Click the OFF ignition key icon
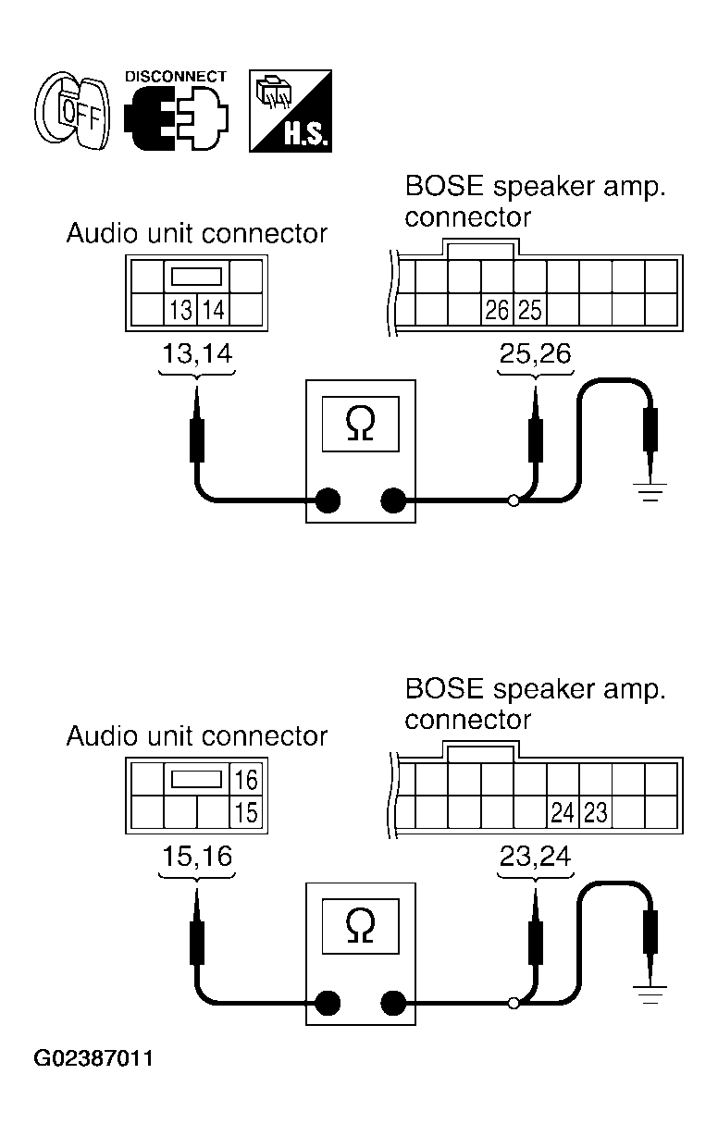(x=72, y=110)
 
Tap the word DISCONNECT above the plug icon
(x=176, y=77)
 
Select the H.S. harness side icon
(x=291, y=111)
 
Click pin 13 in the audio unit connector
(x=180, y=310)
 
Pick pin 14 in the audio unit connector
(x=214, y=310)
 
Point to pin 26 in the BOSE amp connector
(x=497, y=310)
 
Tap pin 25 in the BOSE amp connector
(x=530, y=310)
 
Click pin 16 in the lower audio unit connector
(x=246, y=780)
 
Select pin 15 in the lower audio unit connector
(x=246, y=812)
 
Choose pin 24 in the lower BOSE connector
(x=563, y=812)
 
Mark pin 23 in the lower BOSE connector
(x=595, y=812)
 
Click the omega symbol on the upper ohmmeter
(x=361, y=424)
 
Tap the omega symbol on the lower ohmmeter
(x=361, y=927)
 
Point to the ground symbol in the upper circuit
(x=650, y=492)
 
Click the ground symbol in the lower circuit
(x=650, y=994)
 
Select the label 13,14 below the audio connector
(x=197, y=353)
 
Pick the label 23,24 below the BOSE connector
(x=536, y=856)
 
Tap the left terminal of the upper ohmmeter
(x=328, y=500)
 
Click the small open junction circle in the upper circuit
(x=514, y=501)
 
